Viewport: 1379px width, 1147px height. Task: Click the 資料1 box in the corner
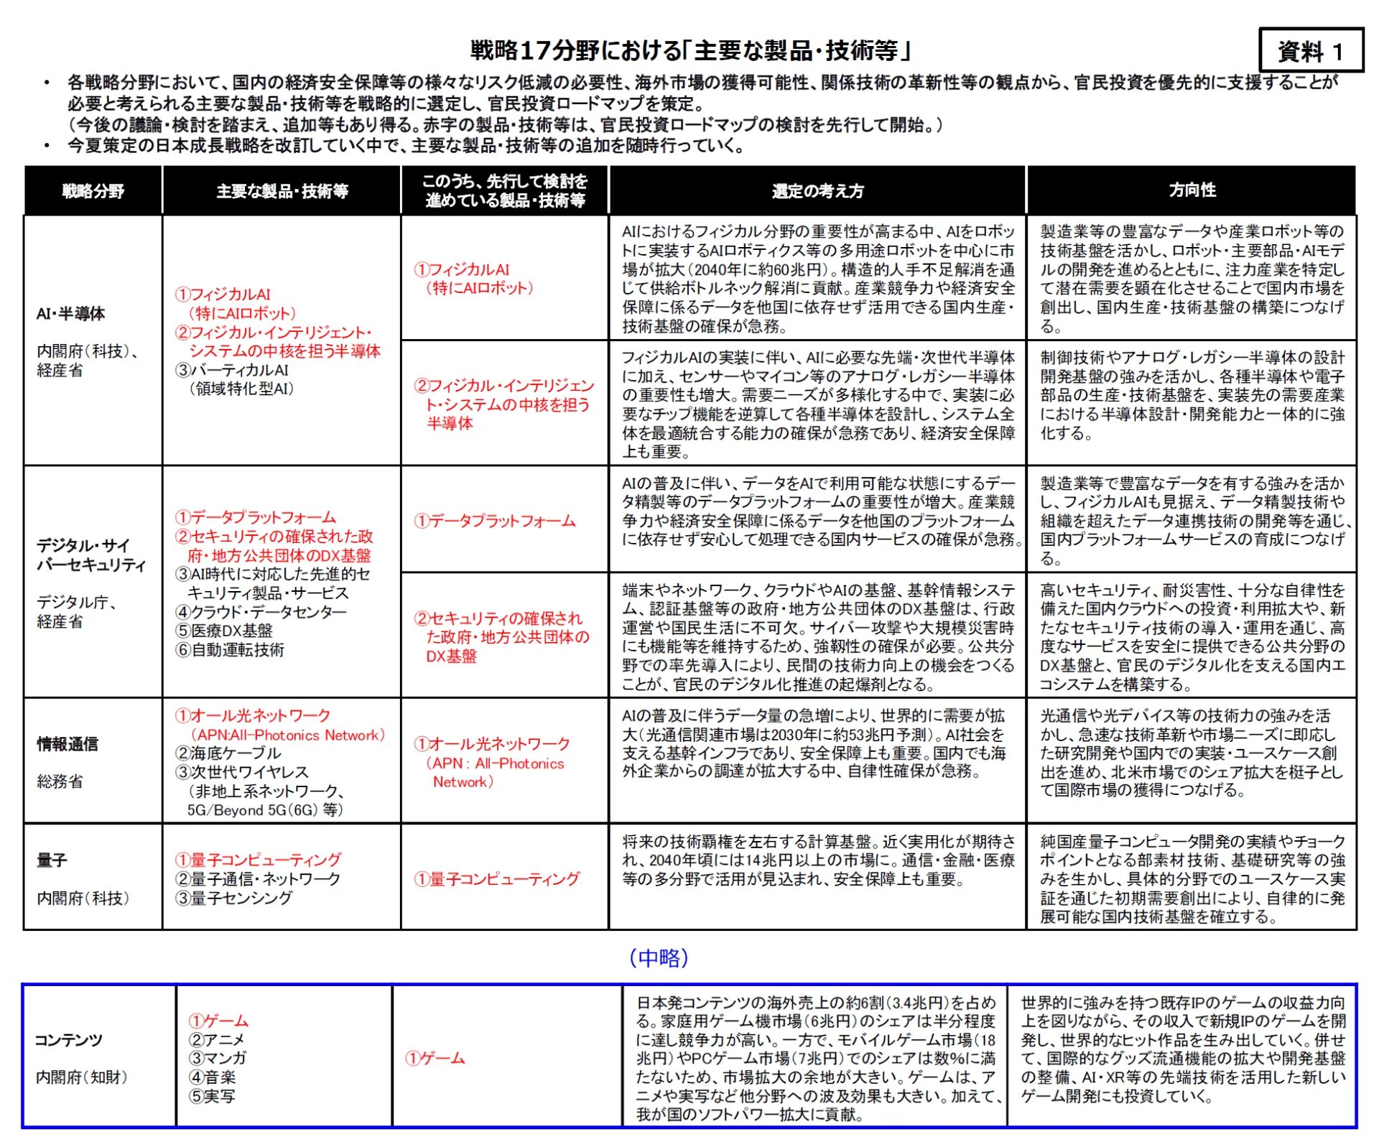1310,51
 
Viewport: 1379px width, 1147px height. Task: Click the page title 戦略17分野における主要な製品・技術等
690,51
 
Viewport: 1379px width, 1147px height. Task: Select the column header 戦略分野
93,191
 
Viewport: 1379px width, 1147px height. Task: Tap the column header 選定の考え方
817,191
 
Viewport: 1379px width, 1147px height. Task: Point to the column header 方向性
1192,190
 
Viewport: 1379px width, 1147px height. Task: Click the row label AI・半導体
70,314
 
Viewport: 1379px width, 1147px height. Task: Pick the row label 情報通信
68,744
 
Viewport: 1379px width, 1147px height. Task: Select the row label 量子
52,860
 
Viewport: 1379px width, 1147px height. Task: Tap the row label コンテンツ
68,1040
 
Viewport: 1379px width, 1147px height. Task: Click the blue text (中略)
659,957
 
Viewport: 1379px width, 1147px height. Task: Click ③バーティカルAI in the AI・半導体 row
232,370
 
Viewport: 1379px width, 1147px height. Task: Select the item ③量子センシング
234,898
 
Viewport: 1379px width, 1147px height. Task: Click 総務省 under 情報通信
60,781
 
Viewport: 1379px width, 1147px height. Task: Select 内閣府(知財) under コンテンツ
81,1077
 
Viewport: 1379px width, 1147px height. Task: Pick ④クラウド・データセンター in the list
261,612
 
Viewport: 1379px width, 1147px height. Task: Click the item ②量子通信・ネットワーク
258,879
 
